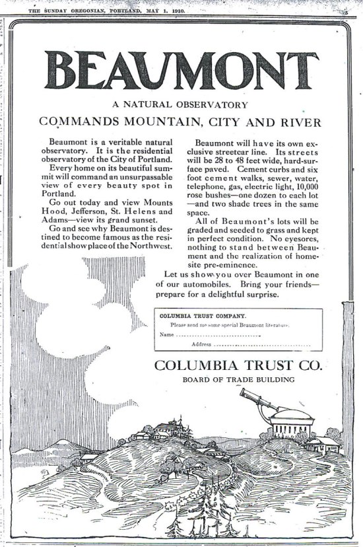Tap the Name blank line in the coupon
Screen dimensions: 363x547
point(218,336)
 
